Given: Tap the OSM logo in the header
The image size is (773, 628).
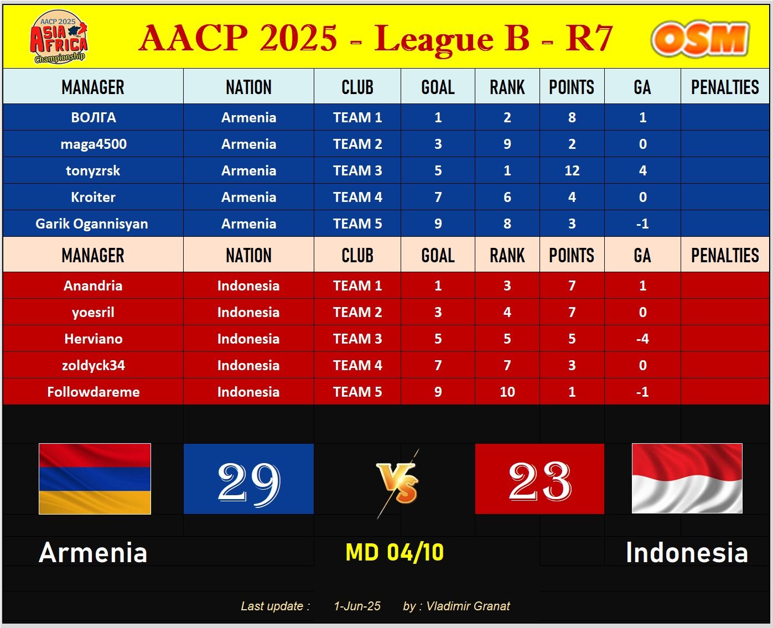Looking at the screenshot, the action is [699, 39].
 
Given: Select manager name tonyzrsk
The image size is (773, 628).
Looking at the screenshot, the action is [93, 170].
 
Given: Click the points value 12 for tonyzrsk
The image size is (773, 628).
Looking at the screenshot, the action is [572, 170].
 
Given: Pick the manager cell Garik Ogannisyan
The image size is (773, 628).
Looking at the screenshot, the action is [93, 224].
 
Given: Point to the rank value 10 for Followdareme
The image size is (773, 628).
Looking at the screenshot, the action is [507, 392].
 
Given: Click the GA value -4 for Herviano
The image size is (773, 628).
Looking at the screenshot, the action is [642, 339].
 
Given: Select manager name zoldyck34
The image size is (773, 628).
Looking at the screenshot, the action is [94, 365].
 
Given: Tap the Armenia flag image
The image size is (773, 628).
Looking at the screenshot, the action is [95, 479].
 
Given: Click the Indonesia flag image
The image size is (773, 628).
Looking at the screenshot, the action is [687, 478].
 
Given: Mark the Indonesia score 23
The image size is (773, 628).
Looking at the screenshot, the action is [539, 481].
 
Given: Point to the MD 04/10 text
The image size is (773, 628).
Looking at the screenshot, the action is [395, 552].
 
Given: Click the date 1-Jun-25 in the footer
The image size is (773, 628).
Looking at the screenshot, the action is [357, 606].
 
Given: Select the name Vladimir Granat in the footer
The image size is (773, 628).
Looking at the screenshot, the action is [468, 606].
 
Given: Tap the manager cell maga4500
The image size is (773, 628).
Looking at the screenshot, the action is [93, 144].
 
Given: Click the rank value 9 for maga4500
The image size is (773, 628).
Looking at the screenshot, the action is [507, 144].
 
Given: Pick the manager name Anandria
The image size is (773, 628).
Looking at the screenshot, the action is [93, 286].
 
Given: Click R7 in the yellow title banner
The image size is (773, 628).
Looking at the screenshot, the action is [589, 38].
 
